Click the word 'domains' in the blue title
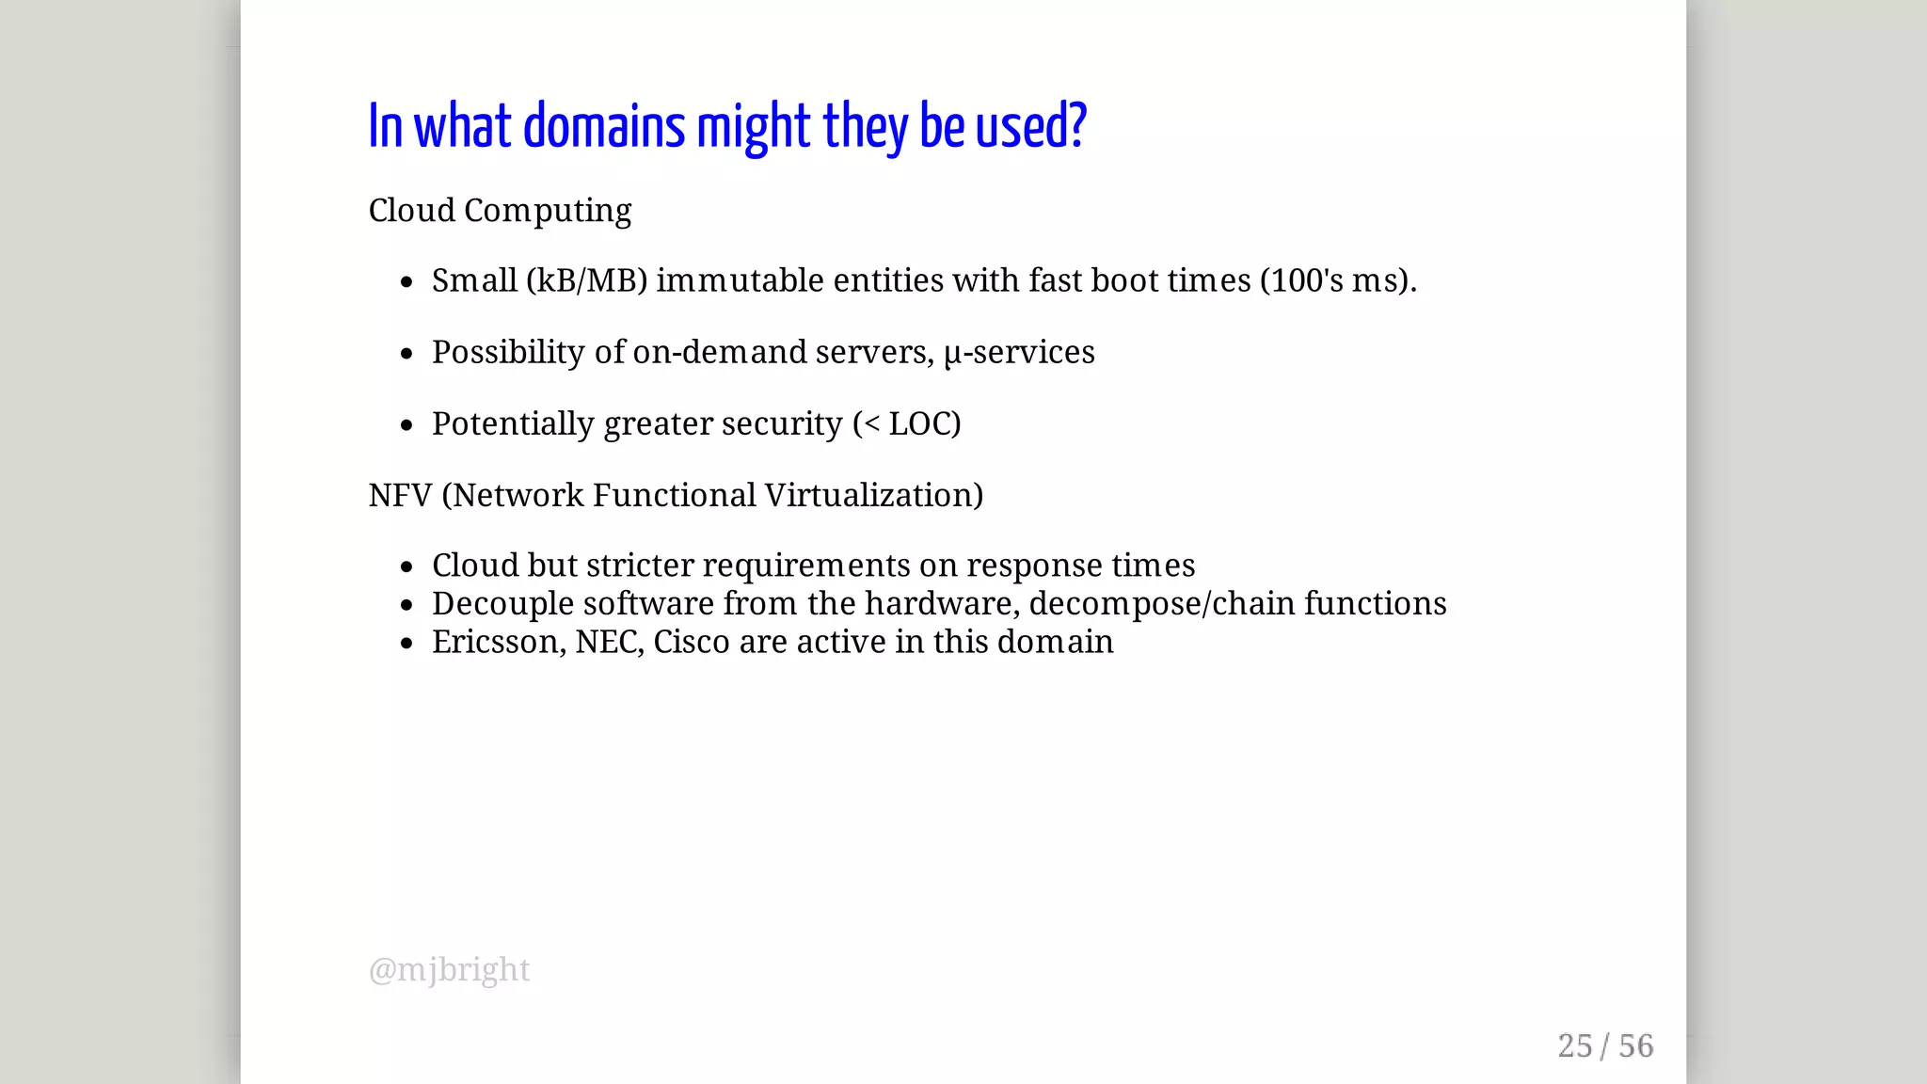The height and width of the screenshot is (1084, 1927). coord(604,127)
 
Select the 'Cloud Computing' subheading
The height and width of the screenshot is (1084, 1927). coord(500,211)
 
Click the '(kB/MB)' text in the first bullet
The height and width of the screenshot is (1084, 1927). coord(586,280)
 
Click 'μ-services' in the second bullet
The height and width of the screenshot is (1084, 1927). coord(1019,352)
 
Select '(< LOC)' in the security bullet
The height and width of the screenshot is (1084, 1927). coord(907,423)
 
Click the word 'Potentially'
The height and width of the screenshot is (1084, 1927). coord(513,423)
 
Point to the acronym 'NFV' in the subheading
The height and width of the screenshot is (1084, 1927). coord(400,495)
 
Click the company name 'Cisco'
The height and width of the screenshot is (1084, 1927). coord(692,642)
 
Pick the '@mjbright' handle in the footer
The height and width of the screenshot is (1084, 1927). coord(450,969)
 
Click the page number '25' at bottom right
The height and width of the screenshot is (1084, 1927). coord(1575,1045)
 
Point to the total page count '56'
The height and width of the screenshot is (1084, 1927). coord(1635,1045)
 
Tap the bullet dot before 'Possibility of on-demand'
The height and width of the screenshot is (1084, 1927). coord(406,354)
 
